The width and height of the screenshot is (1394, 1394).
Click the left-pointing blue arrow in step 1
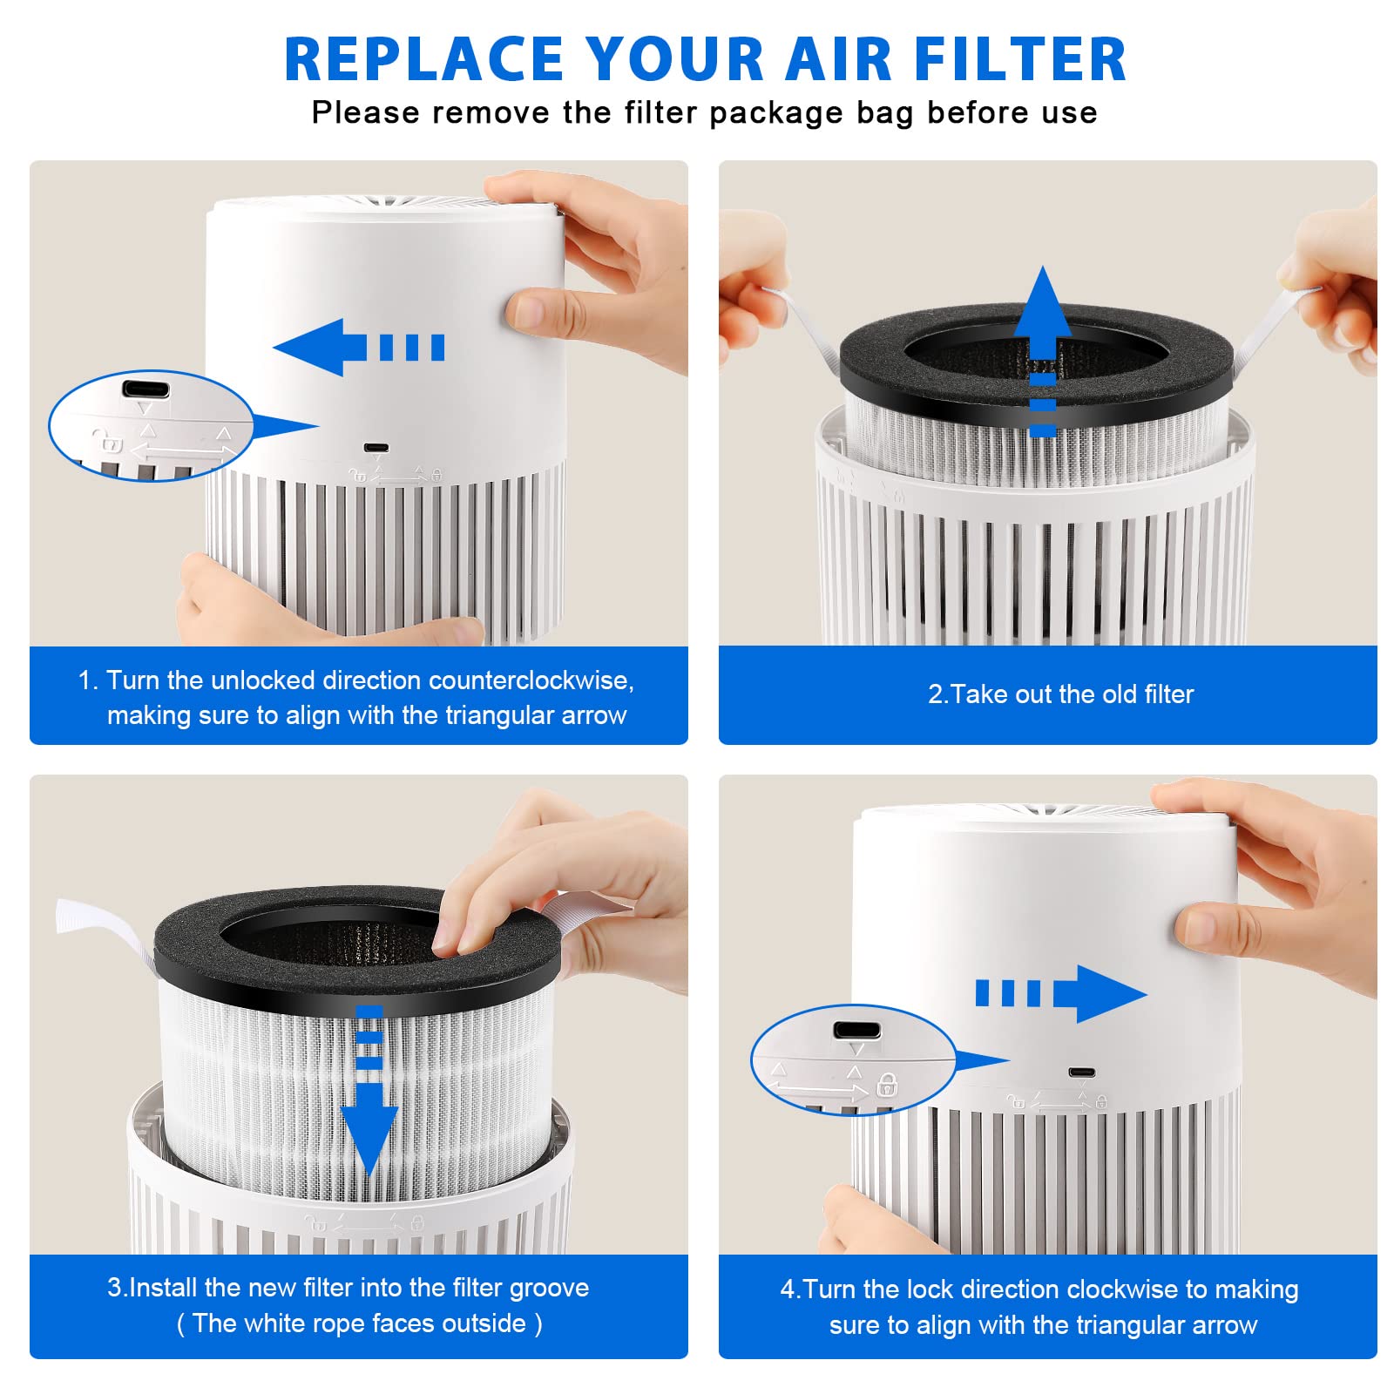(359, 348)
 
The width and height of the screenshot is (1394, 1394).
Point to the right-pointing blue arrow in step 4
(1061, 993)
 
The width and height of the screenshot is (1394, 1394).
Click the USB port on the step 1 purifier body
(376, 448)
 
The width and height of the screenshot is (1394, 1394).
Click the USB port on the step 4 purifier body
(1082, 1073)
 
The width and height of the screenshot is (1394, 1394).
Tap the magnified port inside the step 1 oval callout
(145, 389)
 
